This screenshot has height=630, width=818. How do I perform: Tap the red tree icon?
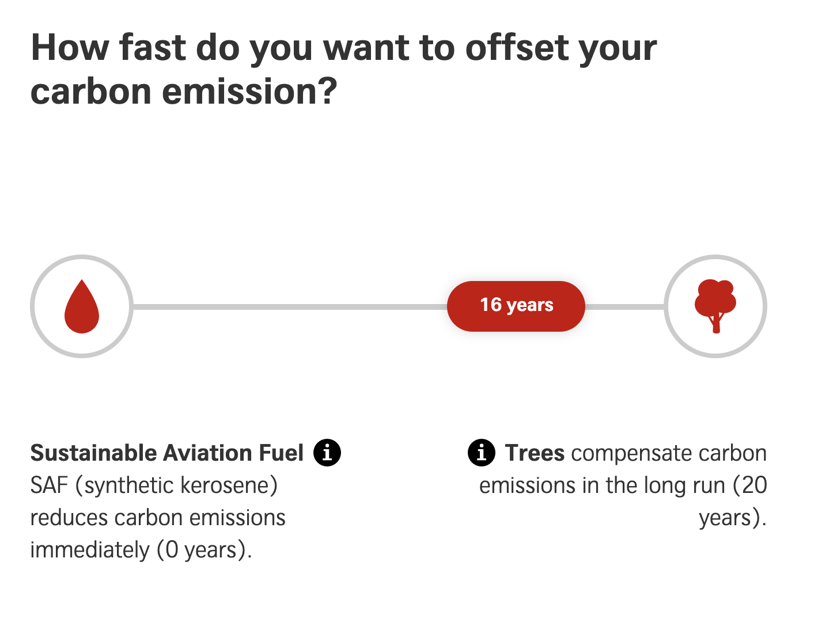(715, 306)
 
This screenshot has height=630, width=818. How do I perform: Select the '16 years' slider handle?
(516, 306)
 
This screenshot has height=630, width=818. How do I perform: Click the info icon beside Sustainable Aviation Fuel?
(327, 453)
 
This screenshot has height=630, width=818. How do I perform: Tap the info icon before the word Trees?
(482, 453)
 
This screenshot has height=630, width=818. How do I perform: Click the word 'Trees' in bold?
(535, 453)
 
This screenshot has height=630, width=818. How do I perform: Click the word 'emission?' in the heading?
(249, 92)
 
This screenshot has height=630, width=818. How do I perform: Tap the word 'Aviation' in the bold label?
(207, 453)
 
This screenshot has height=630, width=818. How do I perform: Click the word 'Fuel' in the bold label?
(281, 453)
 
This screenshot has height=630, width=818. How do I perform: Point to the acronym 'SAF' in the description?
(50, 485)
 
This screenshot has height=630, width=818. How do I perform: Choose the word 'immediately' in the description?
(90, 551)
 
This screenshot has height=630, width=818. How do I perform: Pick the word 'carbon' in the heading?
(90, 92)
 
